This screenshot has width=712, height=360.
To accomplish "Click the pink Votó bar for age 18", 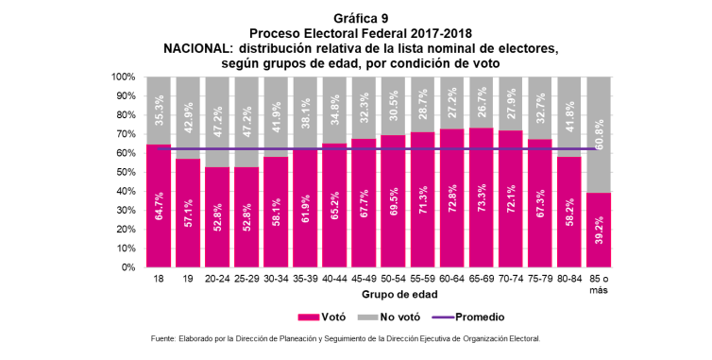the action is pos(159,205).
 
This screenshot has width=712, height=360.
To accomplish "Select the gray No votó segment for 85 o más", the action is pos(599,134).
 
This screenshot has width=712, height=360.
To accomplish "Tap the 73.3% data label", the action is pos(482,197).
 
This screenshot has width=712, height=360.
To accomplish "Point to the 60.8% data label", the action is pos(599,134).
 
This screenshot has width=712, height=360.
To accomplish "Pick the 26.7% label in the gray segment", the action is pos(482,101).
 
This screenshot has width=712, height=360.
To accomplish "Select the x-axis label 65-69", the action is pos(482,279).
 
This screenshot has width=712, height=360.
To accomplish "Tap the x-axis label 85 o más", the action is pos(599,284).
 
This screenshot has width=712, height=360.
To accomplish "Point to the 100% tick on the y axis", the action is pos(123,77).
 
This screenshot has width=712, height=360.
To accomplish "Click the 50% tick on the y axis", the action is pos(125,172).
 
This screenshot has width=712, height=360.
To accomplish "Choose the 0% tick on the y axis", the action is pos(127,267).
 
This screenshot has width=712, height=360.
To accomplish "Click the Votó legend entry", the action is pos(321,317).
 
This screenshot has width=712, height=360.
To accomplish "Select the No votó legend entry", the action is pos(389,317).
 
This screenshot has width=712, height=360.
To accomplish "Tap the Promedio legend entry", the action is pos(467,317).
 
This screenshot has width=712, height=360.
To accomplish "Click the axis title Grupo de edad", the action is pos(399,295).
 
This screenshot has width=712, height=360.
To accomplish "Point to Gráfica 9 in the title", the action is pos(361,19).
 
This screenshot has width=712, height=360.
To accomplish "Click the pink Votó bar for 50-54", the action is pos(393,201).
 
